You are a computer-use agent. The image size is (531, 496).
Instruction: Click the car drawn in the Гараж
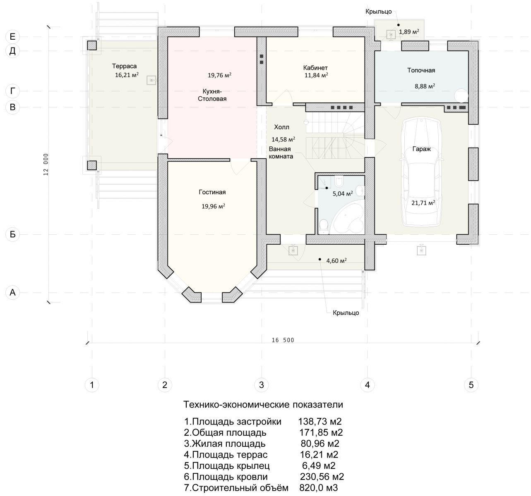(421, 172)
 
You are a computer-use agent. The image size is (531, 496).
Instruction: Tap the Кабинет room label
(315, 67)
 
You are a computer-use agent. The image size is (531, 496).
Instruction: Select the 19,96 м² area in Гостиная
(213, 206)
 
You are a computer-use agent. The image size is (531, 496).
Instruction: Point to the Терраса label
(124, 66)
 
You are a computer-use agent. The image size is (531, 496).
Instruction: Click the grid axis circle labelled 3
(261, 385)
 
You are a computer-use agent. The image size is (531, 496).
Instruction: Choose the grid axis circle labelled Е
(12, 37)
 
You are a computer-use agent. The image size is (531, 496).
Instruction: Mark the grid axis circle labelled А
(12, 293)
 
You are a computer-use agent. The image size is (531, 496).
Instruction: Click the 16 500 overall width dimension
(283, 340)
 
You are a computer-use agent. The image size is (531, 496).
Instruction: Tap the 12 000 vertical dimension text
(46, 164)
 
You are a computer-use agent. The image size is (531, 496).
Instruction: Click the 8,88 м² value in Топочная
(425, 86)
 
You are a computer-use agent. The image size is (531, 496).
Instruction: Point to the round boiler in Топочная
(461, 95)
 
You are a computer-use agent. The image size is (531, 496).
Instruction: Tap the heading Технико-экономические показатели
(263, 404)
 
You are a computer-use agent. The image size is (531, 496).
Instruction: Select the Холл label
(281, 127)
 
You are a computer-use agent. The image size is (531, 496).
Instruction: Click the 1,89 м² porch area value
(409, 31)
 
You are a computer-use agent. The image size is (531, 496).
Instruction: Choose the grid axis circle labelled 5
(471, 385)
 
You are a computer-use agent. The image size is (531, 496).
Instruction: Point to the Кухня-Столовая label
(212, 95)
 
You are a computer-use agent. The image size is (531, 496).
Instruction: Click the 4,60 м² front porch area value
(336, 260)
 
